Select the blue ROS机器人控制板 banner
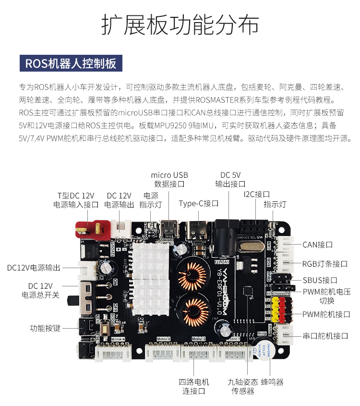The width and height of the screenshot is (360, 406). point(71,63)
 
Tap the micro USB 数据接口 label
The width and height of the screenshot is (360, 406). point(169,179)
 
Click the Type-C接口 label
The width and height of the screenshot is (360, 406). point(199,203)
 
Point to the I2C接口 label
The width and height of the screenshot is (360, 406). point(256,194)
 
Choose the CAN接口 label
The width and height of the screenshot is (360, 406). point(317,245)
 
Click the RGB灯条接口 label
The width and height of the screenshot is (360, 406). point(324,264)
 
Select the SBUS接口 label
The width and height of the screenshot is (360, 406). point(320,280)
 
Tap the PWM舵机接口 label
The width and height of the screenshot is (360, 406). point(326,314)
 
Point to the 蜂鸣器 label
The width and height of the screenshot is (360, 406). point(272,382)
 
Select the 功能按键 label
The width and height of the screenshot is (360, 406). point(45,328)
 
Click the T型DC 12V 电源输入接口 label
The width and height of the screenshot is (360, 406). point(76,200)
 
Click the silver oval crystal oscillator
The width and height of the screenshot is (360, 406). point(250,246)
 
